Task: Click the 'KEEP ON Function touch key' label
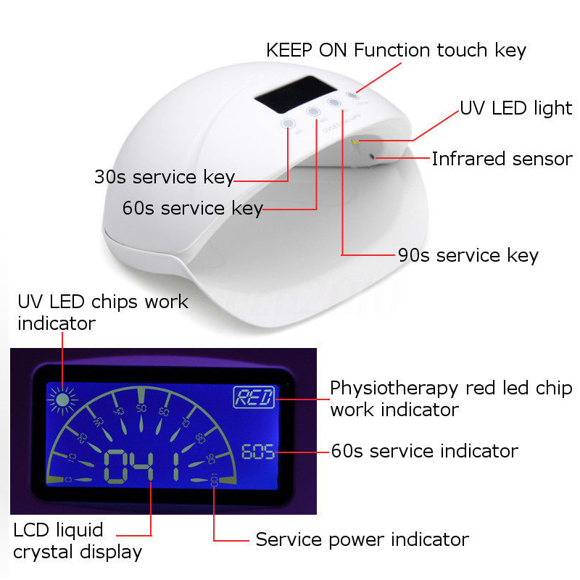coord(396,50)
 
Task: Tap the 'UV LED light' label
coord(515,109)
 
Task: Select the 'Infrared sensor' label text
coord(502,159)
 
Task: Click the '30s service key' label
coord(164,177)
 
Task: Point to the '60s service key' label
coord(192,209)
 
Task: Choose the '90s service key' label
coord(468,255)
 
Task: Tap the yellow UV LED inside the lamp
coord(355,143)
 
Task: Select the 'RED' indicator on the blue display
coord(254,397)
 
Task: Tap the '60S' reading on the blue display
coord(258,452)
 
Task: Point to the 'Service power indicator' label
coord(362,539)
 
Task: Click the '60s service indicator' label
coord(424,451)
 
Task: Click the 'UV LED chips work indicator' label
coord(102,312)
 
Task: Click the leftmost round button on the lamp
coord(289,124)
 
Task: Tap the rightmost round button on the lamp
coord(353,95)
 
